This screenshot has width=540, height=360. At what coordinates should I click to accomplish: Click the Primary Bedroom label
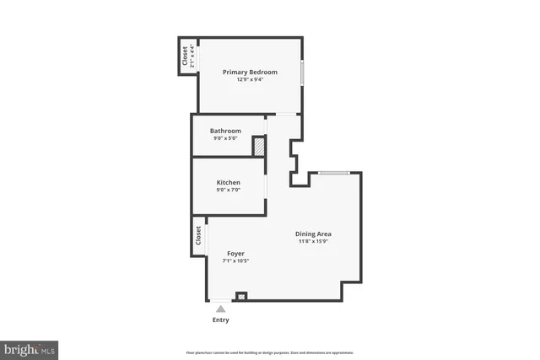(x=250, y=73)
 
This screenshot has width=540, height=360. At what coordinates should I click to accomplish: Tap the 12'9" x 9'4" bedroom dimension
(x=250, y=81)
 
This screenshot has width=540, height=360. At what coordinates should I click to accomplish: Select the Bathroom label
(x=225, y=131)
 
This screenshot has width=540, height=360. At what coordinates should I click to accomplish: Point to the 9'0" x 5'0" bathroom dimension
(x=225, y=138)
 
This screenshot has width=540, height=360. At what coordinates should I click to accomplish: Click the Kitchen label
(x=228, y=182)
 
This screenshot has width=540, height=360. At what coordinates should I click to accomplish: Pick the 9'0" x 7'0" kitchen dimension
(x=228, y=190)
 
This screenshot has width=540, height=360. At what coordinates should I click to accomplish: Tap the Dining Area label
(x=313, y=234)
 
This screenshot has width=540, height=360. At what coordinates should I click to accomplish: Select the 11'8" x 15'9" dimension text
(x=313, y=242)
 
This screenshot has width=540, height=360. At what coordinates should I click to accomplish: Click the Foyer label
(x=236, y=253)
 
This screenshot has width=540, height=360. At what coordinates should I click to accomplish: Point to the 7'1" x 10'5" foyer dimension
(x=236, y=261)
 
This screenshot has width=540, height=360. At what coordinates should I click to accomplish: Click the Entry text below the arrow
(x=220, y=320)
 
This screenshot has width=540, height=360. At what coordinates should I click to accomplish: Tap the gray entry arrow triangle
(x=220, y=309)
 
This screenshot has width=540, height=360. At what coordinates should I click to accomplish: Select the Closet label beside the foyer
(x=199, y=235)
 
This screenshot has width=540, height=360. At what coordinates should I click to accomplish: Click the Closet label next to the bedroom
(x=185, y=56)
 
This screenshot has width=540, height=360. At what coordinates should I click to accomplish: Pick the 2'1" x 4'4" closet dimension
(x=192, y=56)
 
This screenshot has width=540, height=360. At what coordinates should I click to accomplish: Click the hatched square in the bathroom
(x=260, y=146)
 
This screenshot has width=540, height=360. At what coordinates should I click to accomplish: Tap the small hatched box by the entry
(x=242, y=296)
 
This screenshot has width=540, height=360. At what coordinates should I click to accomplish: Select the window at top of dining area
(x=334, y=173)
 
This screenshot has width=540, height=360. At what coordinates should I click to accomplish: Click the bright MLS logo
(x=30, y=348)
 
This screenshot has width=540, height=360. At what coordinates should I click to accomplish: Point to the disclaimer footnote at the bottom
(x=270, y=352)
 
